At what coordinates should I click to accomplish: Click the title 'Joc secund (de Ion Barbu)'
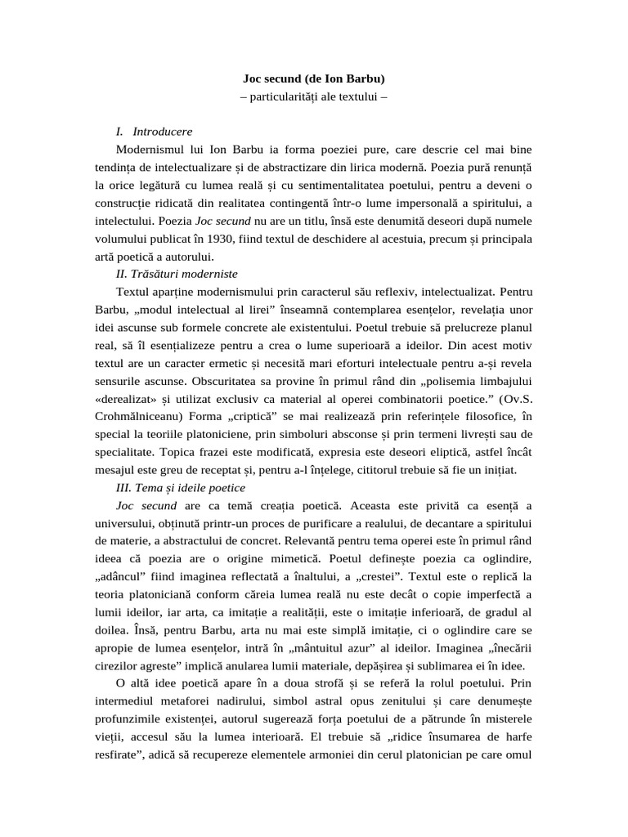(x=313, y=79)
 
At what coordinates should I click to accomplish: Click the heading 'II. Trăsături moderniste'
(x=177, y=273)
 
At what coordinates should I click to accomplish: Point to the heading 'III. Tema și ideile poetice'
(x=182, y=487)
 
